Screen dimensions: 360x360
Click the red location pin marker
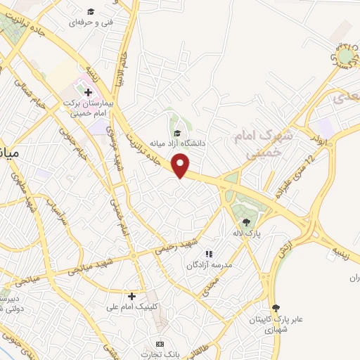tap(181, 165)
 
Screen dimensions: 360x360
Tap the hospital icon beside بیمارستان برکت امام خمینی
tap(88, 92)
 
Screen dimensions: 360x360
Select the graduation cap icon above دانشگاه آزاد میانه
tap(177, 133)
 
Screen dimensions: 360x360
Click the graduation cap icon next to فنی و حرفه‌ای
tap(90, 12)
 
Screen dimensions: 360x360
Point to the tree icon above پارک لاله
tap(245, 222)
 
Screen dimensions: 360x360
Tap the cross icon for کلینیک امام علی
tap(131, 296)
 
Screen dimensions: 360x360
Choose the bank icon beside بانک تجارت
tap(160, 343)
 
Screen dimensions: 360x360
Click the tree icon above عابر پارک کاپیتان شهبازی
tap(275, 307)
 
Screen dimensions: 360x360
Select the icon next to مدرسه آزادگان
tap(208, 254)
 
